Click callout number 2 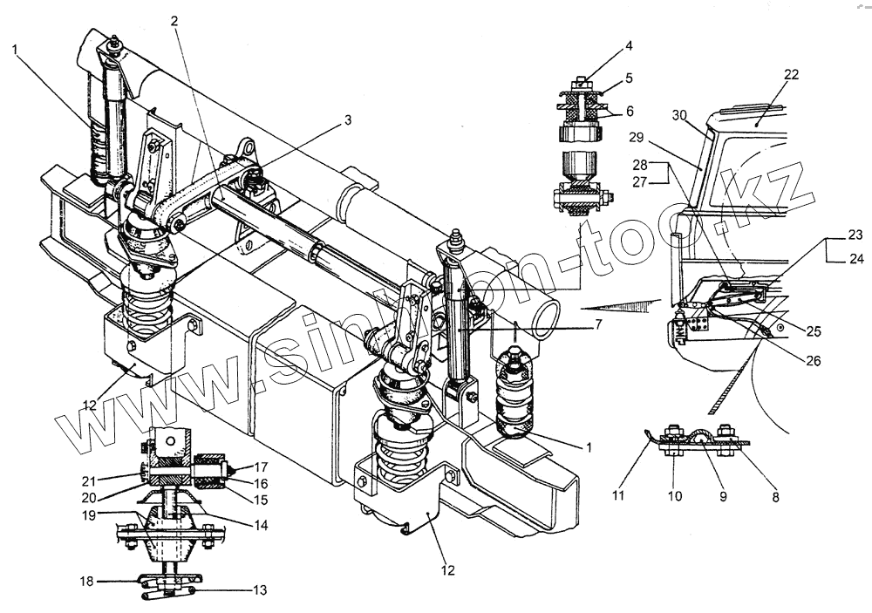click(175, 22)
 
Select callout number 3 click(347, 121)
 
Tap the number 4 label click(630, 46)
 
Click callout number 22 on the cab click(790, 76)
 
